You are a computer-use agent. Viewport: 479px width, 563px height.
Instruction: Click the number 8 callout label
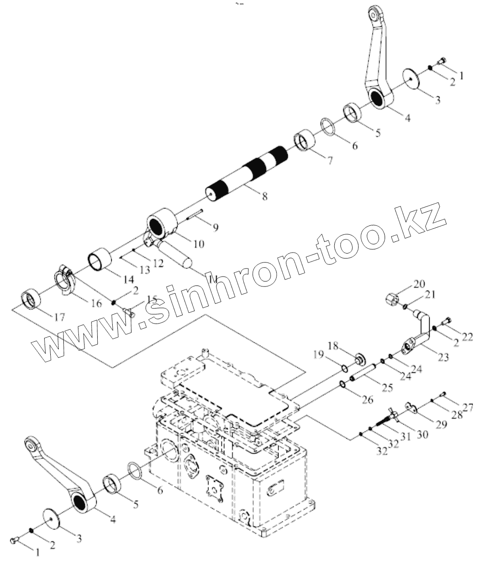265,197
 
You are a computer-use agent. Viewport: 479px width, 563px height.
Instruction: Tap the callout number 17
59,317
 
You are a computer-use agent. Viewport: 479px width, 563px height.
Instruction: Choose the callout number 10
198,244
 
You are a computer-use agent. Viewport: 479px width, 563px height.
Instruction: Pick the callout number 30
422,435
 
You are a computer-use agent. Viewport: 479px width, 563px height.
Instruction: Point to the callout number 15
152,299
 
